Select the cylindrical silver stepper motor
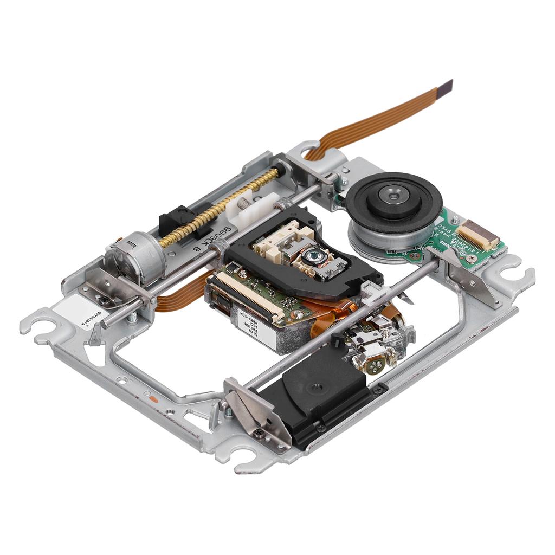coord(135,259)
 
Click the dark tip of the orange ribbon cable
coord(446,86)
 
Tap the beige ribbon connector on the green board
coord(477,234)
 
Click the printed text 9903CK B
coord(211,239)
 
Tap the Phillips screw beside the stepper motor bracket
coord(102,298)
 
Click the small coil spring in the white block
coord(246,204)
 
